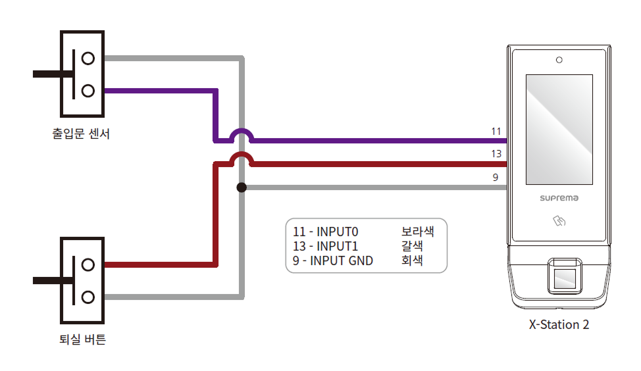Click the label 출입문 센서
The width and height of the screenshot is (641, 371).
(x=81, y=134)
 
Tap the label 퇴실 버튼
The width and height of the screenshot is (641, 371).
(x=82, y=340)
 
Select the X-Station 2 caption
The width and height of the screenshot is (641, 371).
(x=559, y=325)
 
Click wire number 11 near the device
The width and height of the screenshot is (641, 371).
(x=496, y=132)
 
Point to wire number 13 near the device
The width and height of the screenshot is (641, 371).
(x=496, y=154)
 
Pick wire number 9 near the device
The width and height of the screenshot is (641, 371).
(x=496, y=177)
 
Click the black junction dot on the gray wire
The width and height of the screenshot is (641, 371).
(x=242, y=187)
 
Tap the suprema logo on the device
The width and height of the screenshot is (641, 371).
(x=558, y=197)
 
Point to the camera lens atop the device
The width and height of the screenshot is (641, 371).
(x=559, y=61)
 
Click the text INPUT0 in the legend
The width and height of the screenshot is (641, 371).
(x=336, y=232)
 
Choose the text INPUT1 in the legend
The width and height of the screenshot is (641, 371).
(x=336, y=246)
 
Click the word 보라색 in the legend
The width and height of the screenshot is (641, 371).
(x=417, y=232)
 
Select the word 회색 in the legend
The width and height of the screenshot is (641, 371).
(x=412, y=260)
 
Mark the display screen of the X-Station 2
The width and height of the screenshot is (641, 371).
(x=559, y=130)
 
